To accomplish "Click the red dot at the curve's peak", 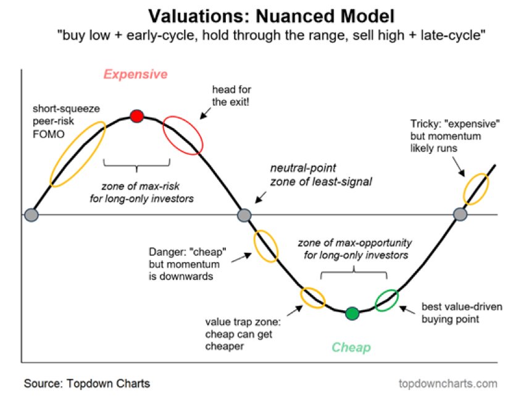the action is pos(136,116).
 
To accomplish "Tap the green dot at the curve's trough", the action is pos(352,313).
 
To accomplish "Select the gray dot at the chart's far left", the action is pos(31,215).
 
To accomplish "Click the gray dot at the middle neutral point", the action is pos(244,215).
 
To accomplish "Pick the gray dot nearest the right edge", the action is pos(460,214).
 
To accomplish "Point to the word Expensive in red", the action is pos(136,74).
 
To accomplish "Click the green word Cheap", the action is pos(351,347).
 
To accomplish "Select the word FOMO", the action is pos(49,134).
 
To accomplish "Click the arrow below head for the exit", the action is pos(206,114).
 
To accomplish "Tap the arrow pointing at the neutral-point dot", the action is pos(260,197).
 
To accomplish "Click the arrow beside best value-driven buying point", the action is pos(407,310).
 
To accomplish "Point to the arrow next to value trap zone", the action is pos(295,310).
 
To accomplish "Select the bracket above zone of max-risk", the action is pos(136,165).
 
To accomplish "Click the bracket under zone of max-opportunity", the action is pos(354,273).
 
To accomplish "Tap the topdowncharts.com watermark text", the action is pos(448,384).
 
